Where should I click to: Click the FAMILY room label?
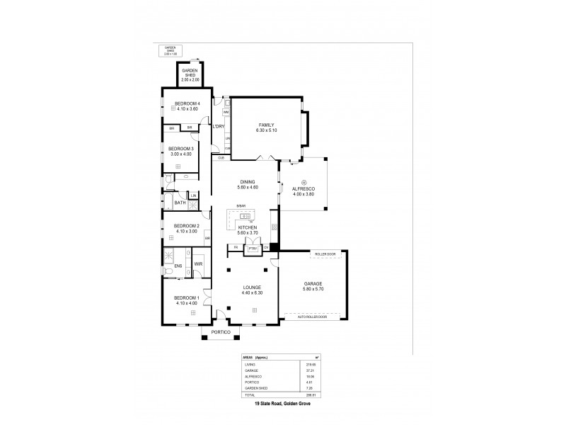[x=265, y=125]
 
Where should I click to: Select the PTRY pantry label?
[x=252, y=248]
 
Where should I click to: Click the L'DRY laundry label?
[x=219, y=126]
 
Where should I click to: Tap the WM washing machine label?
[x=226, y=112]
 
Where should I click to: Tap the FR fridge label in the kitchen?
[x=231, y=248]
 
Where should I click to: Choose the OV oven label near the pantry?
[x=267, y=248]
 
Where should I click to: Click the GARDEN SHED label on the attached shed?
[x=190, y=72]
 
